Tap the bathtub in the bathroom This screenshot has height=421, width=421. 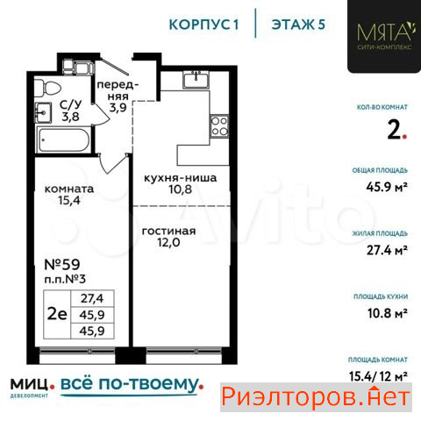tap(64, 139)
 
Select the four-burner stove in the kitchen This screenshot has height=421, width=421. tap(219, 126)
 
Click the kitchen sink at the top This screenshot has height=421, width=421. tap(196, 79)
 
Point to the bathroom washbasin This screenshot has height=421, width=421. tap(43, 112)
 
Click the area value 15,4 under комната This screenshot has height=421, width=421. tap(69, 201)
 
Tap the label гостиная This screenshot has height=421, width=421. tap(168, 231)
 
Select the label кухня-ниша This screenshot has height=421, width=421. tap(181, 178)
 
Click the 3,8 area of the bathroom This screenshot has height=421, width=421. tap(70, 117)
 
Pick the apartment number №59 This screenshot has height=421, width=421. tap(62, 265)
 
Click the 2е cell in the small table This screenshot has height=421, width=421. tap(57, 314)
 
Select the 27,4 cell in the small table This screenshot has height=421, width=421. tap(92, 298)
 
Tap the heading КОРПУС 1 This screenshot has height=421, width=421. tap(203, 25)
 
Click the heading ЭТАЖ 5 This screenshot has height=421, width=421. tap(298, 25)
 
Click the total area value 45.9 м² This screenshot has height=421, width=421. tap(387, 187)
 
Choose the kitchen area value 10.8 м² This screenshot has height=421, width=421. tap(388, 313)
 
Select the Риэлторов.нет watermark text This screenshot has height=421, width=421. tap(316, 397)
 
